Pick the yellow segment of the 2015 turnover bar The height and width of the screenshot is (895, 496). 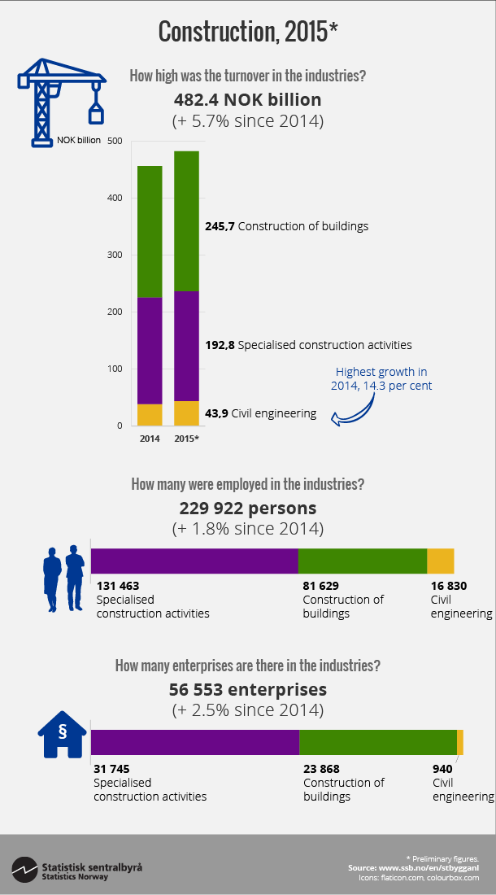tap(186, 413)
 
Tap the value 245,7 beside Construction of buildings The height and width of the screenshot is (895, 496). tap(220, 226)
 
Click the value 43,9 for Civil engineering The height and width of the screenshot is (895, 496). tap(216, 413)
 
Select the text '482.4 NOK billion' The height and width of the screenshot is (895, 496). tap(247, 100)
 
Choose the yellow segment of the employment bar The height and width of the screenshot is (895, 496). tap(440, 561)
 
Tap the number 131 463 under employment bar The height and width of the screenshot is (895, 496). tap(119, 586)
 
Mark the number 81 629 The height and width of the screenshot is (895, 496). tap(320, 586)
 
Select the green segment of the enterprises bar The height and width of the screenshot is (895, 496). tap(377, 742)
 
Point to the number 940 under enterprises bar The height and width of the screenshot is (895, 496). tap(442, 768)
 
